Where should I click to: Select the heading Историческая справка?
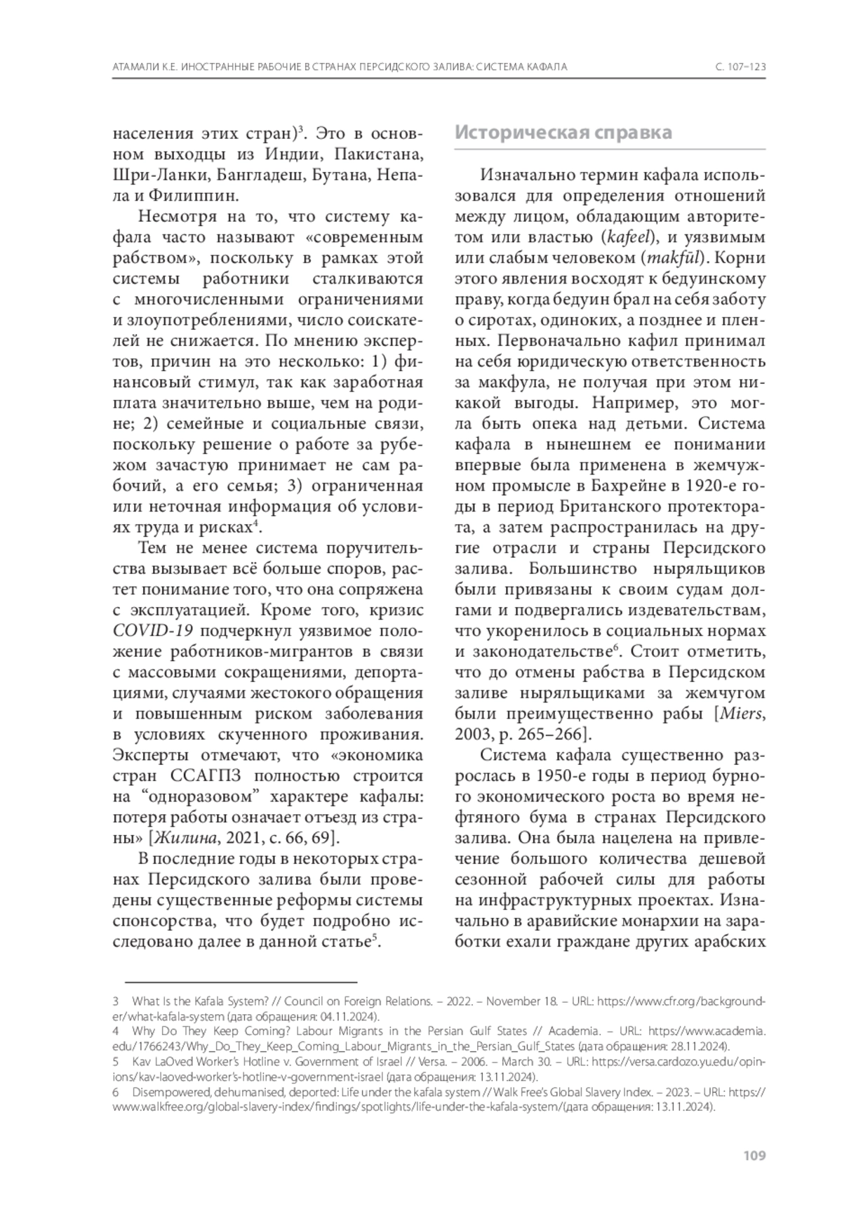563,133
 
